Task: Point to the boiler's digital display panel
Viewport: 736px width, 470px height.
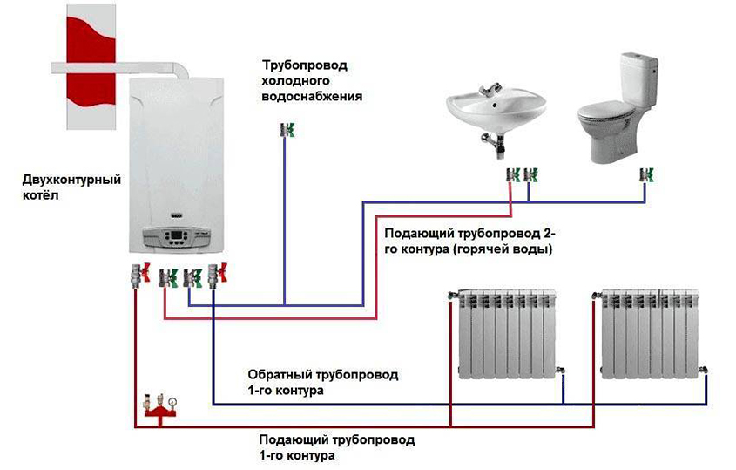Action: [x=172, y=237]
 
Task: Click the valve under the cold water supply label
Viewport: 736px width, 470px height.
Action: [x=285, y=130]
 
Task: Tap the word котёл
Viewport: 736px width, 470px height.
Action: [x=41, y=196]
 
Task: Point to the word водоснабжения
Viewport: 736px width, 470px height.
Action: [x=312, y=97]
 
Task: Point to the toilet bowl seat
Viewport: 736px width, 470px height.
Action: [x=611, y=112]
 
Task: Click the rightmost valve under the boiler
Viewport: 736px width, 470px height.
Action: [x=218, y=276]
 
